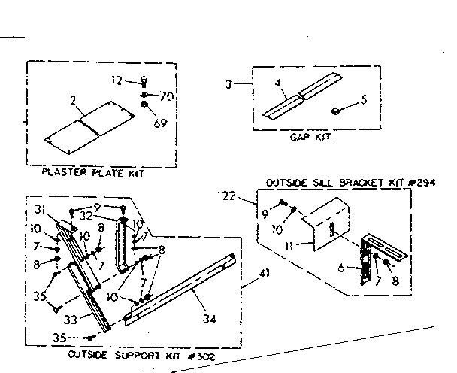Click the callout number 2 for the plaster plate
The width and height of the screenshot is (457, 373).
tap(73, 99)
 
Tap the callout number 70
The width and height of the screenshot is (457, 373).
tap(167, 97)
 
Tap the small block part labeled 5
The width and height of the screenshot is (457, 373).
tap(337, 111)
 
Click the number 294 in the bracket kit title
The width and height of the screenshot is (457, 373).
tap(425, 183)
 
